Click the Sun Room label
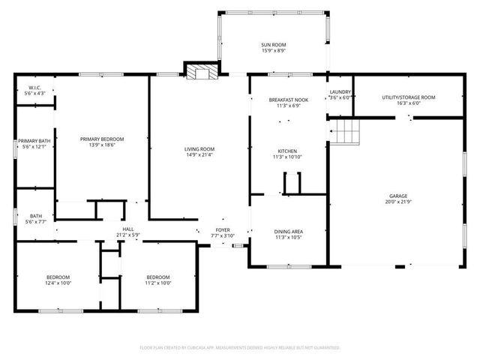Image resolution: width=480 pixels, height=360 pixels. [x=274, y=45]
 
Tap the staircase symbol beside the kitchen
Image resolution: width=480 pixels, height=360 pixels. [x=346, y=133]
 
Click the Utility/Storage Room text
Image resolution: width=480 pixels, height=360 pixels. [x=408, y=97]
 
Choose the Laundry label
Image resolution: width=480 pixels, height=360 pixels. [x=340, y=92]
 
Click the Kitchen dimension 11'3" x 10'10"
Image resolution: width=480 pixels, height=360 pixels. [x=286, y=157]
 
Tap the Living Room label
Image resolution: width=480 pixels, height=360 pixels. [x=199, y=148]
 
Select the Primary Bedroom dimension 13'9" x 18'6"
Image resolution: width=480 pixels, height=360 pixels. [x=102, y=145]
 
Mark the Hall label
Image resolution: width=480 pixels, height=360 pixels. [x=128, y=229]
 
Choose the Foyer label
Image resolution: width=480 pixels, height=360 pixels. [x=223, y=229]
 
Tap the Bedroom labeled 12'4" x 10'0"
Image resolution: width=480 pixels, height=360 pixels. [x=58, y=277]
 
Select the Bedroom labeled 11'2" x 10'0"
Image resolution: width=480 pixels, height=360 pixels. [x=157, y=277]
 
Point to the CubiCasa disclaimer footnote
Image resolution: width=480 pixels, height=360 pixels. [x=240, y=347]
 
